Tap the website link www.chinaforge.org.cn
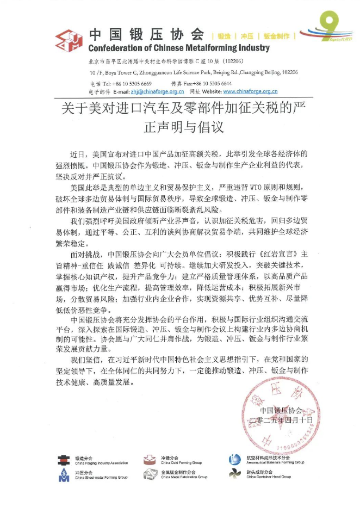tap(250, 92)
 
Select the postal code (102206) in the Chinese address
tap(231, 63)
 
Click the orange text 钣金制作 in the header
tap(276, 36)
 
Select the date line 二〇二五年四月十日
tap(285, 421)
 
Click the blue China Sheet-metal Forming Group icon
tap(64, 475)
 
